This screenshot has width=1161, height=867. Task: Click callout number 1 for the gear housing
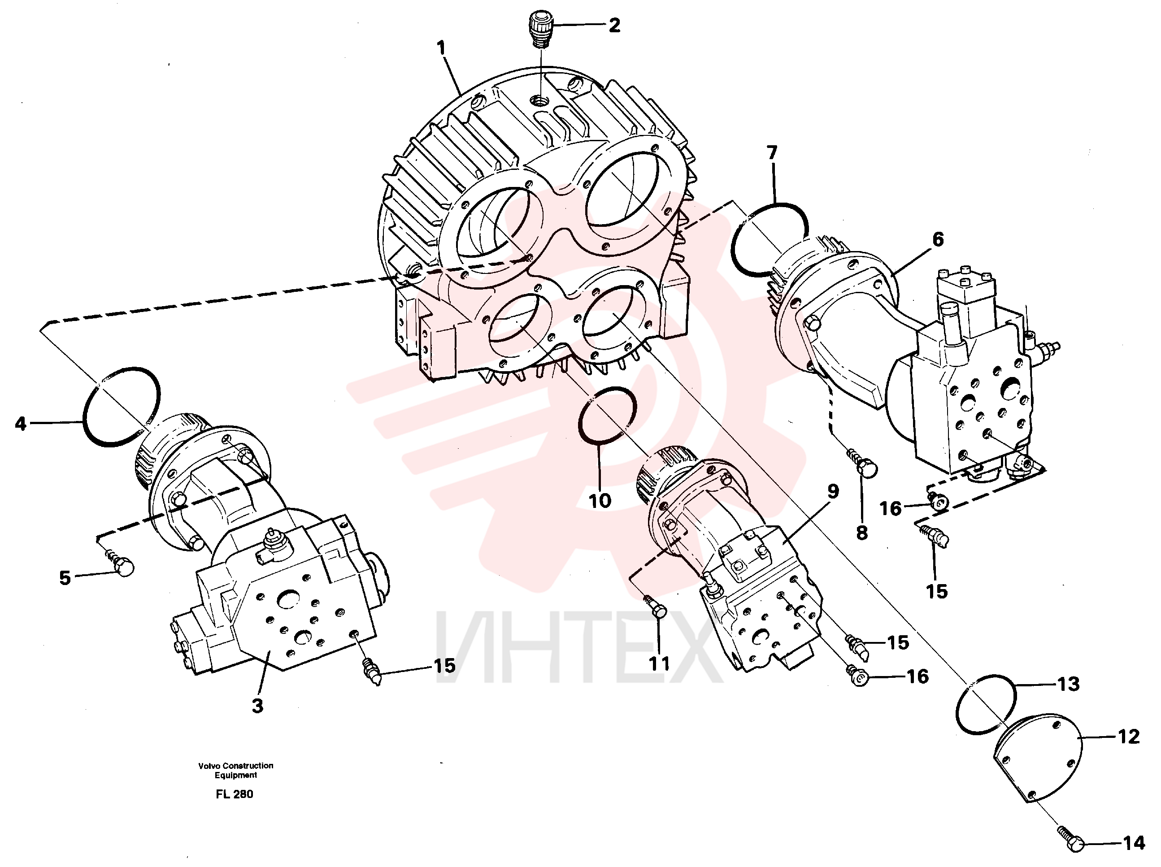coord(441,48)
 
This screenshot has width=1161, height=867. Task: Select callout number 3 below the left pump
coord(258,706)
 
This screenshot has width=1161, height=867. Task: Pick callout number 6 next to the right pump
coord(938,239)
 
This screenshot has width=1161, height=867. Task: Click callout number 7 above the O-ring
coord(772,153)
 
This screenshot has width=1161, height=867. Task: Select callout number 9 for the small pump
coord(833,492)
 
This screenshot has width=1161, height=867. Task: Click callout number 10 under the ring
coord(600,501)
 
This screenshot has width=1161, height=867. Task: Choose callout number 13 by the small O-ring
coord(1068,684)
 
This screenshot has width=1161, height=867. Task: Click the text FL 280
coord(235,794)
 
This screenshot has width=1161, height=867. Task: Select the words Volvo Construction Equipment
coord(236,771)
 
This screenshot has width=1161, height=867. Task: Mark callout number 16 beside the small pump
coord(917,677)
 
